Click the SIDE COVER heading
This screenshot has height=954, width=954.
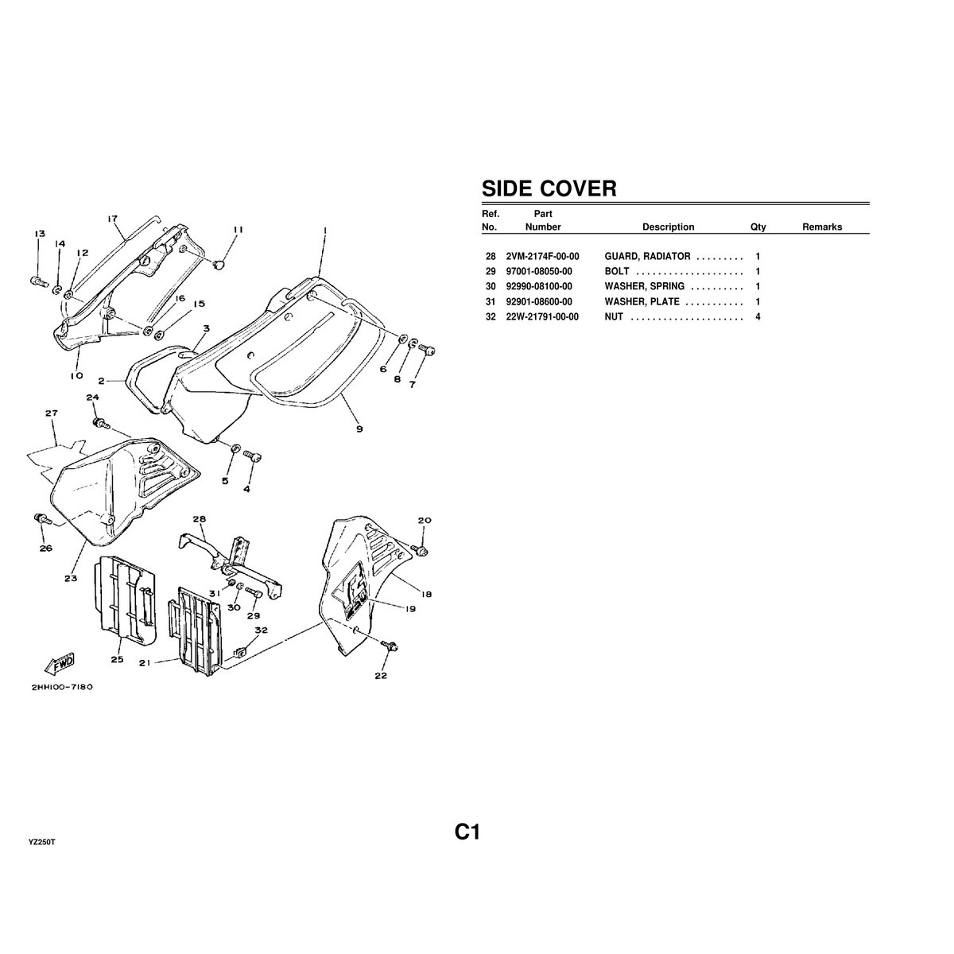tap(549, 188)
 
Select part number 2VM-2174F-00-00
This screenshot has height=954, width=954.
tap(542, 257)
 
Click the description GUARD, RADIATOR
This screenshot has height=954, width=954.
tap(647, 257)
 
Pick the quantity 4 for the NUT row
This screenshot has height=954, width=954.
tap(758, 317)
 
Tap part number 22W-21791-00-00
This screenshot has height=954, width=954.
tap(542, 317)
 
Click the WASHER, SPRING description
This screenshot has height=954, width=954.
tap(644, 287)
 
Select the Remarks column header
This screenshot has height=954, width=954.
tap(821, 227)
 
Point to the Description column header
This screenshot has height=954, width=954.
tap(668, 227)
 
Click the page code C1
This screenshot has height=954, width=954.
tap(467, 832)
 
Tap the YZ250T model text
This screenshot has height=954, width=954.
tap(41, 841)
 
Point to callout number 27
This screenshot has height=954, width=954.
tap(52, 413)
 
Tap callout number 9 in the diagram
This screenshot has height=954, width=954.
tap(359, 429)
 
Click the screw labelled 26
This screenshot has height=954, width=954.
tap(41, 519)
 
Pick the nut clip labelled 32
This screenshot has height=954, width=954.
tap(237, 653)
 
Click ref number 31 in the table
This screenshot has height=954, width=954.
tap(490, 302)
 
